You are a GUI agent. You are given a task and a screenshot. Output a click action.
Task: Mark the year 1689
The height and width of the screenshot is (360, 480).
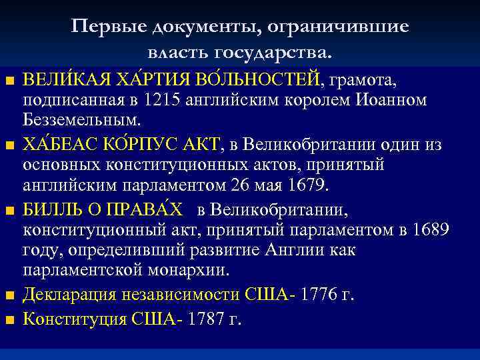[x=431, y=230]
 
